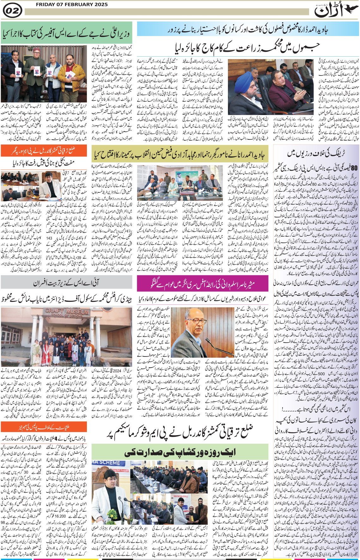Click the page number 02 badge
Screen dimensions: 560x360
12,11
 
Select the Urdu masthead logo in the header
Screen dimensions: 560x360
329,11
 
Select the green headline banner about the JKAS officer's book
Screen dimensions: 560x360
66,33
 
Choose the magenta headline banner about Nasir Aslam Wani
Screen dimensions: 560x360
203,283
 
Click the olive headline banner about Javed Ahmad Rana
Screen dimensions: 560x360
180,155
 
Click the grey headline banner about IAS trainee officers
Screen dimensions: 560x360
66,282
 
